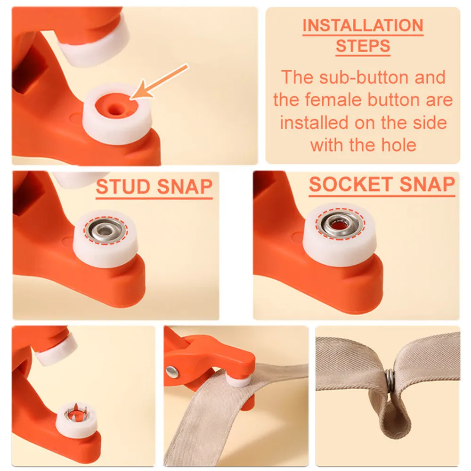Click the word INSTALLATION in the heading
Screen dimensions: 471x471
(363, 25)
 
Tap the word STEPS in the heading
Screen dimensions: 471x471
(363, 47)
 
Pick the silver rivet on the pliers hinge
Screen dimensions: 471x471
(172, 371)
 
